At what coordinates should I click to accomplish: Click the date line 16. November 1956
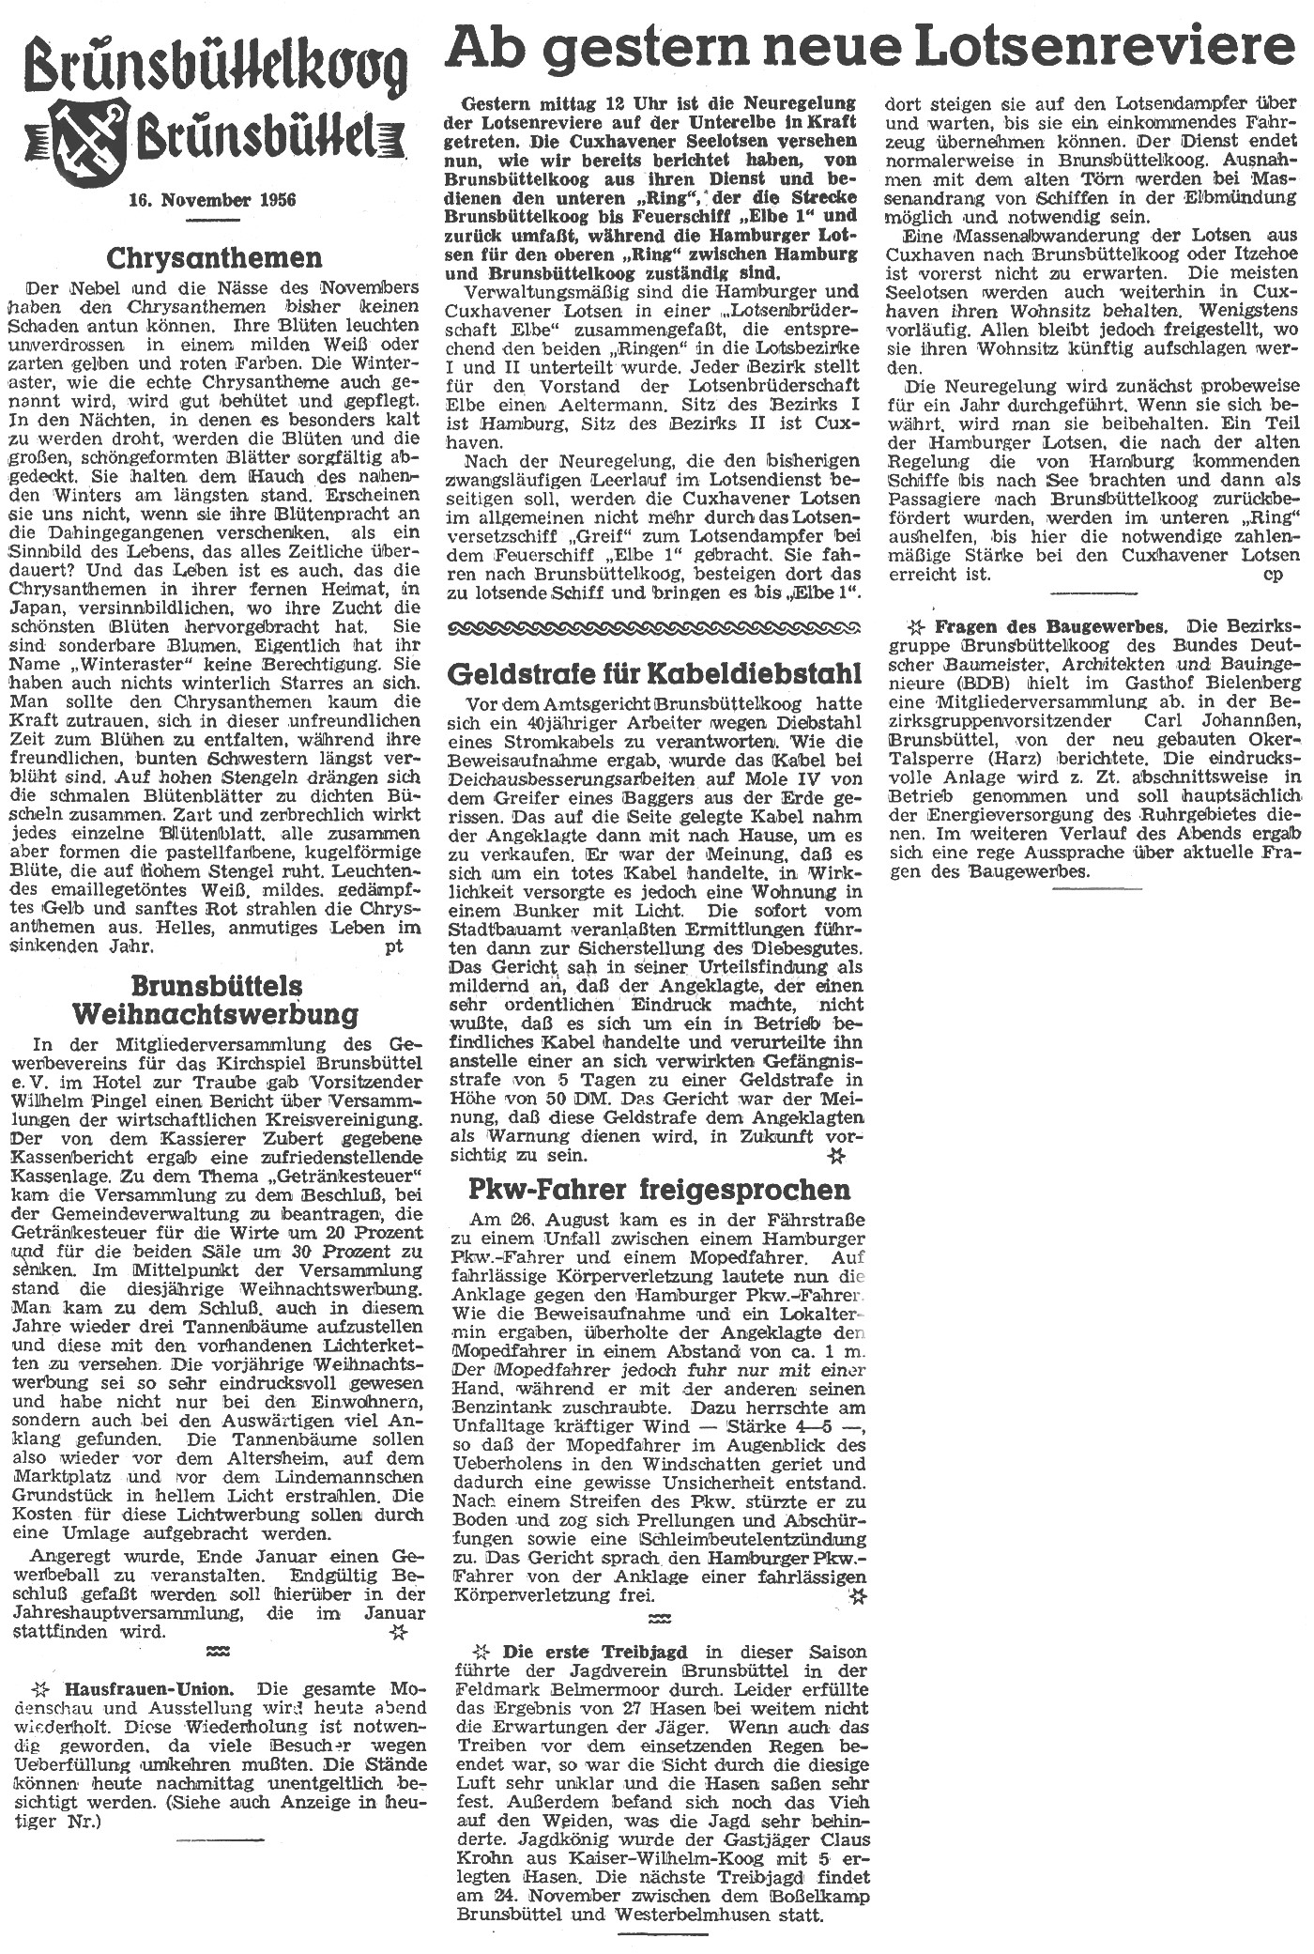pos(213,199)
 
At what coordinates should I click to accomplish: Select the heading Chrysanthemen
pos(214,257)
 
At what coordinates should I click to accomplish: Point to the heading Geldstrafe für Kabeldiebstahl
pos(655,672)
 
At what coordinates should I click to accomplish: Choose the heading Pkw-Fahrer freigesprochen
pos(660,1189)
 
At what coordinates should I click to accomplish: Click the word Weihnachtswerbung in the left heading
pos(215,1013)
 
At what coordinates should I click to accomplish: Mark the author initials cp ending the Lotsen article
pos(1273,574)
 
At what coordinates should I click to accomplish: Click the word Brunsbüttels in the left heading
pos(217,986)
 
